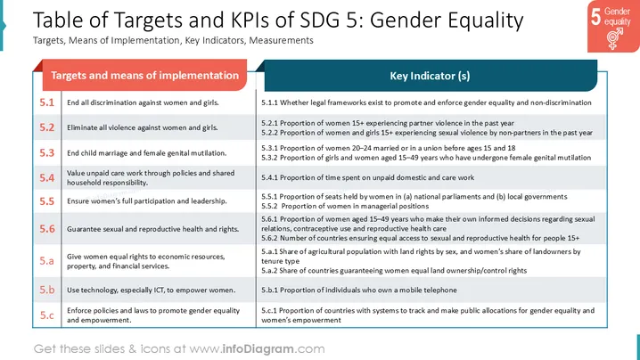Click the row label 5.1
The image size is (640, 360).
(x=46, y=102)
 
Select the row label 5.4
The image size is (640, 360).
(x=46, y=178)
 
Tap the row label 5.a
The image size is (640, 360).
(x=46, y=260)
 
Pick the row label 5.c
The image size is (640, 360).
(x=46, y=315)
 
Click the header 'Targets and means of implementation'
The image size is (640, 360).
(x=145, y=76)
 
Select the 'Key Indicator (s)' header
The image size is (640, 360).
(x=430, y=76)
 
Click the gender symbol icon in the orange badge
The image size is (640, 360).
(x=615, y=38)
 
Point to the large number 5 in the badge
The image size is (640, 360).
(x=596, y=16)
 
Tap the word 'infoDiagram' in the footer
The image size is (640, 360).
(x=258, y=349)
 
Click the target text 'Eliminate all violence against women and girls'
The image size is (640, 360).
(x=142, y=127)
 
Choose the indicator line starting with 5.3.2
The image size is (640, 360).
(x=426, y=158)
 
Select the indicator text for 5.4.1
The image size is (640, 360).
(x=368, y=177)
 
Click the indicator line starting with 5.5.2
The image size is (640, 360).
(x=345, y=206)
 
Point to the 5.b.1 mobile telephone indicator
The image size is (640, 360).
(x=359, y=290)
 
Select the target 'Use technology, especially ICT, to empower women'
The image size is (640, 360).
(x=151, y=290)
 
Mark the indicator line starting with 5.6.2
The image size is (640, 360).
(x=421, y=238)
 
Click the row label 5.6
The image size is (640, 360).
(x=46, y=229)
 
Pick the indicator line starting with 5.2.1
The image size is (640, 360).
(x=388, y=123)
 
